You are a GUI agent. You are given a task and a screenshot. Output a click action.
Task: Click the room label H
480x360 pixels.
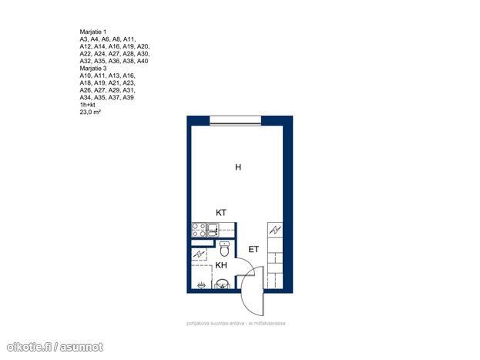(238, 167)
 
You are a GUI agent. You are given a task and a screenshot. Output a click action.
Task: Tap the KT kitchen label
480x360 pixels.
(220, 213)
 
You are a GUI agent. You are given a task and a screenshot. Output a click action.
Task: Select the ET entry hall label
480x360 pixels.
(253, 250)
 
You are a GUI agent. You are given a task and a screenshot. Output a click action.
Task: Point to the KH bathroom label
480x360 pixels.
(221, 265)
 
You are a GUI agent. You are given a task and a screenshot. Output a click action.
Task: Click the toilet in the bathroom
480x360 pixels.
(224, 249)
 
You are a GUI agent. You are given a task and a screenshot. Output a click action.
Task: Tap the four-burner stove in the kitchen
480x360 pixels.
(199, 230)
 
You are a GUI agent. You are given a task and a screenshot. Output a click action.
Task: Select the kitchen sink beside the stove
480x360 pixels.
(213, 230)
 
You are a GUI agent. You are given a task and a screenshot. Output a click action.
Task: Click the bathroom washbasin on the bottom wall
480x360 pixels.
(223, 284)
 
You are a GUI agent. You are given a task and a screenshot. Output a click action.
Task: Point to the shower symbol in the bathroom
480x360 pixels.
(201, 285)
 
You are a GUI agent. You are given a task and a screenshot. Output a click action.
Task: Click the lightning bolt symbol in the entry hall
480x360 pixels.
(275, 230)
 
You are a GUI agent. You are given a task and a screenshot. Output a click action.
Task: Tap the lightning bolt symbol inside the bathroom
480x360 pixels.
(199, 254)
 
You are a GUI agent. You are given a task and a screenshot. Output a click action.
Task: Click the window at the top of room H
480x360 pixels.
(236, 120)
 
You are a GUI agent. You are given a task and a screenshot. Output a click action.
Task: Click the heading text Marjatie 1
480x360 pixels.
(93, 32)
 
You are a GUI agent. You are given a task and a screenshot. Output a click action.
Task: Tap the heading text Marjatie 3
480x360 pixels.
(93, 69)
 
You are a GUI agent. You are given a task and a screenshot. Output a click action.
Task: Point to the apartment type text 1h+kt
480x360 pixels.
(88, 105)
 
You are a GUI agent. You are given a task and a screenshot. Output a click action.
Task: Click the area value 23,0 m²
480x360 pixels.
(90, 112)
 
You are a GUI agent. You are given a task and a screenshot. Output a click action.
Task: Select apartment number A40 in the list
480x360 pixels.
(143, 61)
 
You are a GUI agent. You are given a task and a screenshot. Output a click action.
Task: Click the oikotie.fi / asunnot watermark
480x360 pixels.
(55, 347)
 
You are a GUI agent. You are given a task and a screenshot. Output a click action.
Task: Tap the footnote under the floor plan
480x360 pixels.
(236, 323)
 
